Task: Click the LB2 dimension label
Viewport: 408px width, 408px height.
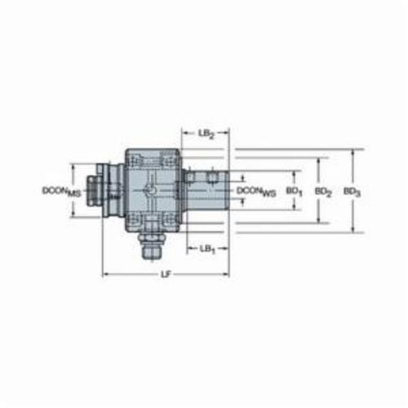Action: point(206,134)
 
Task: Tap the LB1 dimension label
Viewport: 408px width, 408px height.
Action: point(207,249)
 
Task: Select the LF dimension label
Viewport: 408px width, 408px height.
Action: point(165,274)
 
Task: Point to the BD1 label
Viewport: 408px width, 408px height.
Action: point(294,192)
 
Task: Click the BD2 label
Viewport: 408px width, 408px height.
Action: point(323,192)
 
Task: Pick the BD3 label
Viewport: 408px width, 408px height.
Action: point(352,192)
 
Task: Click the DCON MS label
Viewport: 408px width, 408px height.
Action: point(62,191)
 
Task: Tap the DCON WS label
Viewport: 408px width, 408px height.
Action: point(256,191)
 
